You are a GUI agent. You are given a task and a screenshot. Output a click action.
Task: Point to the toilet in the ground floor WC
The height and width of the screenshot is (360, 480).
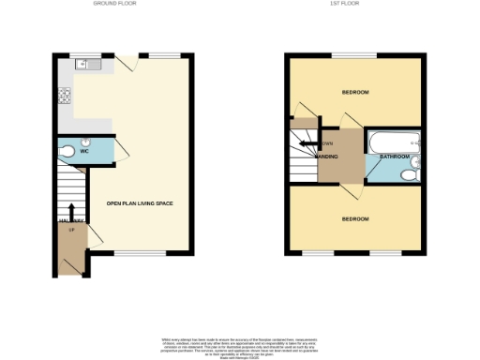tap(67, 151)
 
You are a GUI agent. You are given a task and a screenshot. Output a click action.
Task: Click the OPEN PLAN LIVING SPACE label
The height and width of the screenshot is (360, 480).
tap(140, 203)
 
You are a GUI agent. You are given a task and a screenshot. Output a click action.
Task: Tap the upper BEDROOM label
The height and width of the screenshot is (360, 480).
tap(355, 92)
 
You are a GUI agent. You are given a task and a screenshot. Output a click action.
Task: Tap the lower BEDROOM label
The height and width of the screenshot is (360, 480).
tap(355, 218)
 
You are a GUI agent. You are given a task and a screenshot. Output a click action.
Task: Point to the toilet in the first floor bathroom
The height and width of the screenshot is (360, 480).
tap(410, 174)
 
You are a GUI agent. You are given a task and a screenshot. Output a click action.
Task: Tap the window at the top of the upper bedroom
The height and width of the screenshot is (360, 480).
tap(352, 54)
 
